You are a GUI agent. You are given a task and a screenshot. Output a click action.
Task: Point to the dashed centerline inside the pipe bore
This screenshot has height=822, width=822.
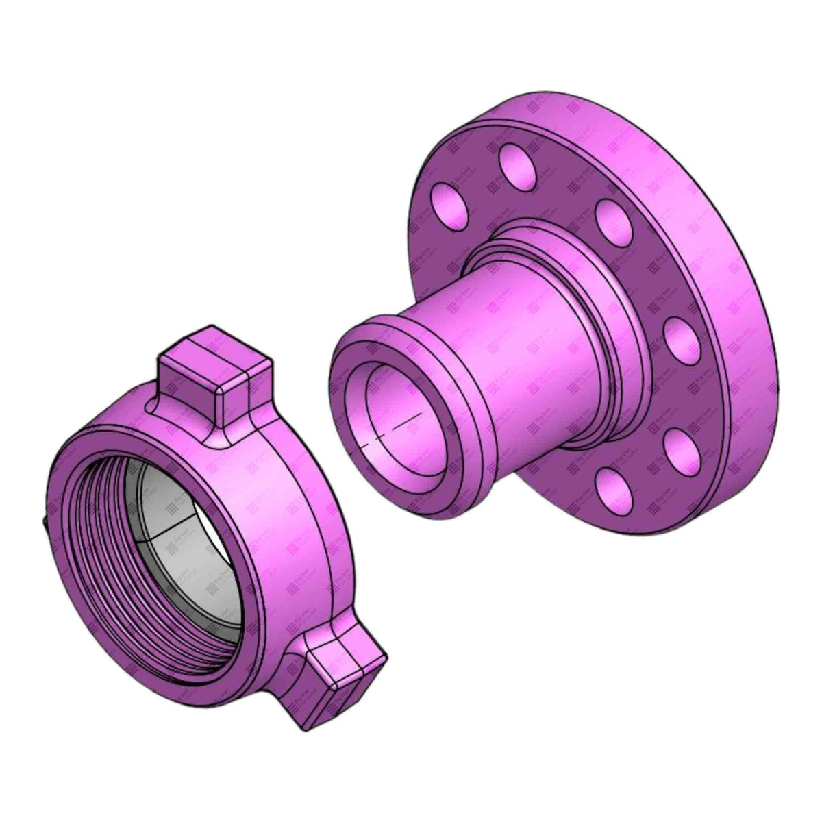pos(394,428)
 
